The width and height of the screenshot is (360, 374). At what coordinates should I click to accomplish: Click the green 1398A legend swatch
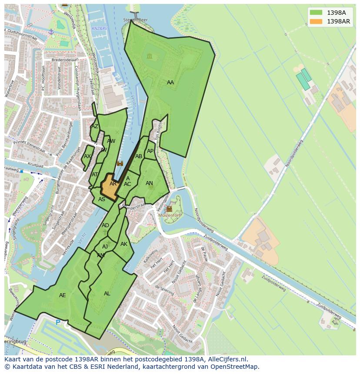(316, 13)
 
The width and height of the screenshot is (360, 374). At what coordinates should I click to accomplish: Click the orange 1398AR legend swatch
(316, 21)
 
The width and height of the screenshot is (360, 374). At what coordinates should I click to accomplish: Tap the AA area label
(170, 83)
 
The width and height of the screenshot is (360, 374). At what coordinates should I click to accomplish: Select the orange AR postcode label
(113, 184)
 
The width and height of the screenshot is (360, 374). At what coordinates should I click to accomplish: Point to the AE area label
(63, 295)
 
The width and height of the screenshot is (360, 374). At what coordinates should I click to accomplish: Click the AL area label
(107, 294)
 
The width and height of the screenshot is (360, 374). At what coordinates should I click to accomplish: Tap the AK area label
(124, 244)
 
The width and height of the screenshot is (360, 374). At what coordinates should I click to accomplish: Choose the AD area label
(105, 225)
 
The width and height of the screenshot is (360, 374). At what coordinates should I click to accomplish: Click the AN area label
(149, 183)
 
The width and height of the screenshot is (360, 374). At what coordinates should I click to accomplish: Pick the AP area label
(150, 151)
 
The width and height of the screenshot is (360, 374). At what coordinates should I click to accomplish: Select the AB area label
(139, 156)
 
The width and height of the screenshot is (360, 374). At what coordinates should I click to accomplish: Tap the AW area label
(111, 141)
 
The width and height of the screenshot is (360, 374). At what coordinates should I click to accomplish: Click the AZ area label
(94, 127)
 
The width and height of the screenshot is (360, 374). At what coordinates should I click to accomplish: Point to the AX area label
(87, 156)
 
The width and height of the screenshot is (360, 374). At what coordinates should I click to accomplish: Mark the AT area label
(95, 175)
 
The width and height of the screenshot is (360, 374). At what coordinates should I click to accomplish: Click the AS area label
(102, 199)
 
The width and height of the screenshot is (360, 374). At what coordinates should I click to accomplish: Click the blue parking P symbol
(58, 323)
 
